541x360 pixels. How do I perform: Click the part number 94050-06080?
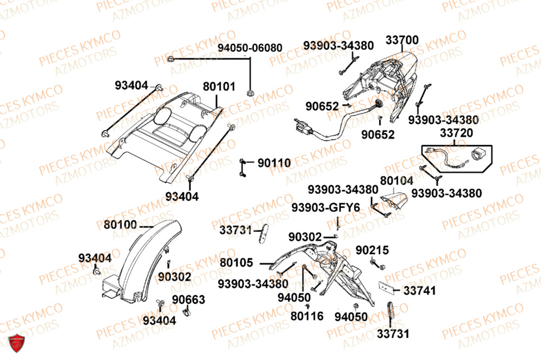[250, 48]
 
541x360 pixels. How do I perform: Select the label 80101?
[219, 86]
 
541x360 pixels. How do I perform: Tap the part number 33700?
[401, 40]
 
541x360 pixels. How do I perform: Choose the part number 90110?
[274, 163]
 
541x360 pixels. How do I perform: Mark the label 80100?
[120, 223]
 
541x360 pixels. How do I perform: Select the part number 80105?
[236, 263]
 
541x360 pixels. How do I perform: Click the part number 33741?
[419, 291]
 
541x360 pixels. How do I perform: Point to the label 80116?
[307, 315]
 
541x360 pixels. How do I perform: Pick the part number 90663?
[189, 299]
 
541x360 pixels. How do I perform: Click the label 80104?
[396, 181]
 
